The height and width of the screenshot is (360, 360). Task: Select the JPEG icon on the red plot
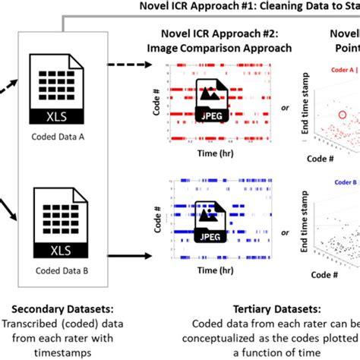coord(209,100)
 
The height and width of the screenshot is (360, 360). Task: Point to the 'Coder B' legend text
coord(343,182)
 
